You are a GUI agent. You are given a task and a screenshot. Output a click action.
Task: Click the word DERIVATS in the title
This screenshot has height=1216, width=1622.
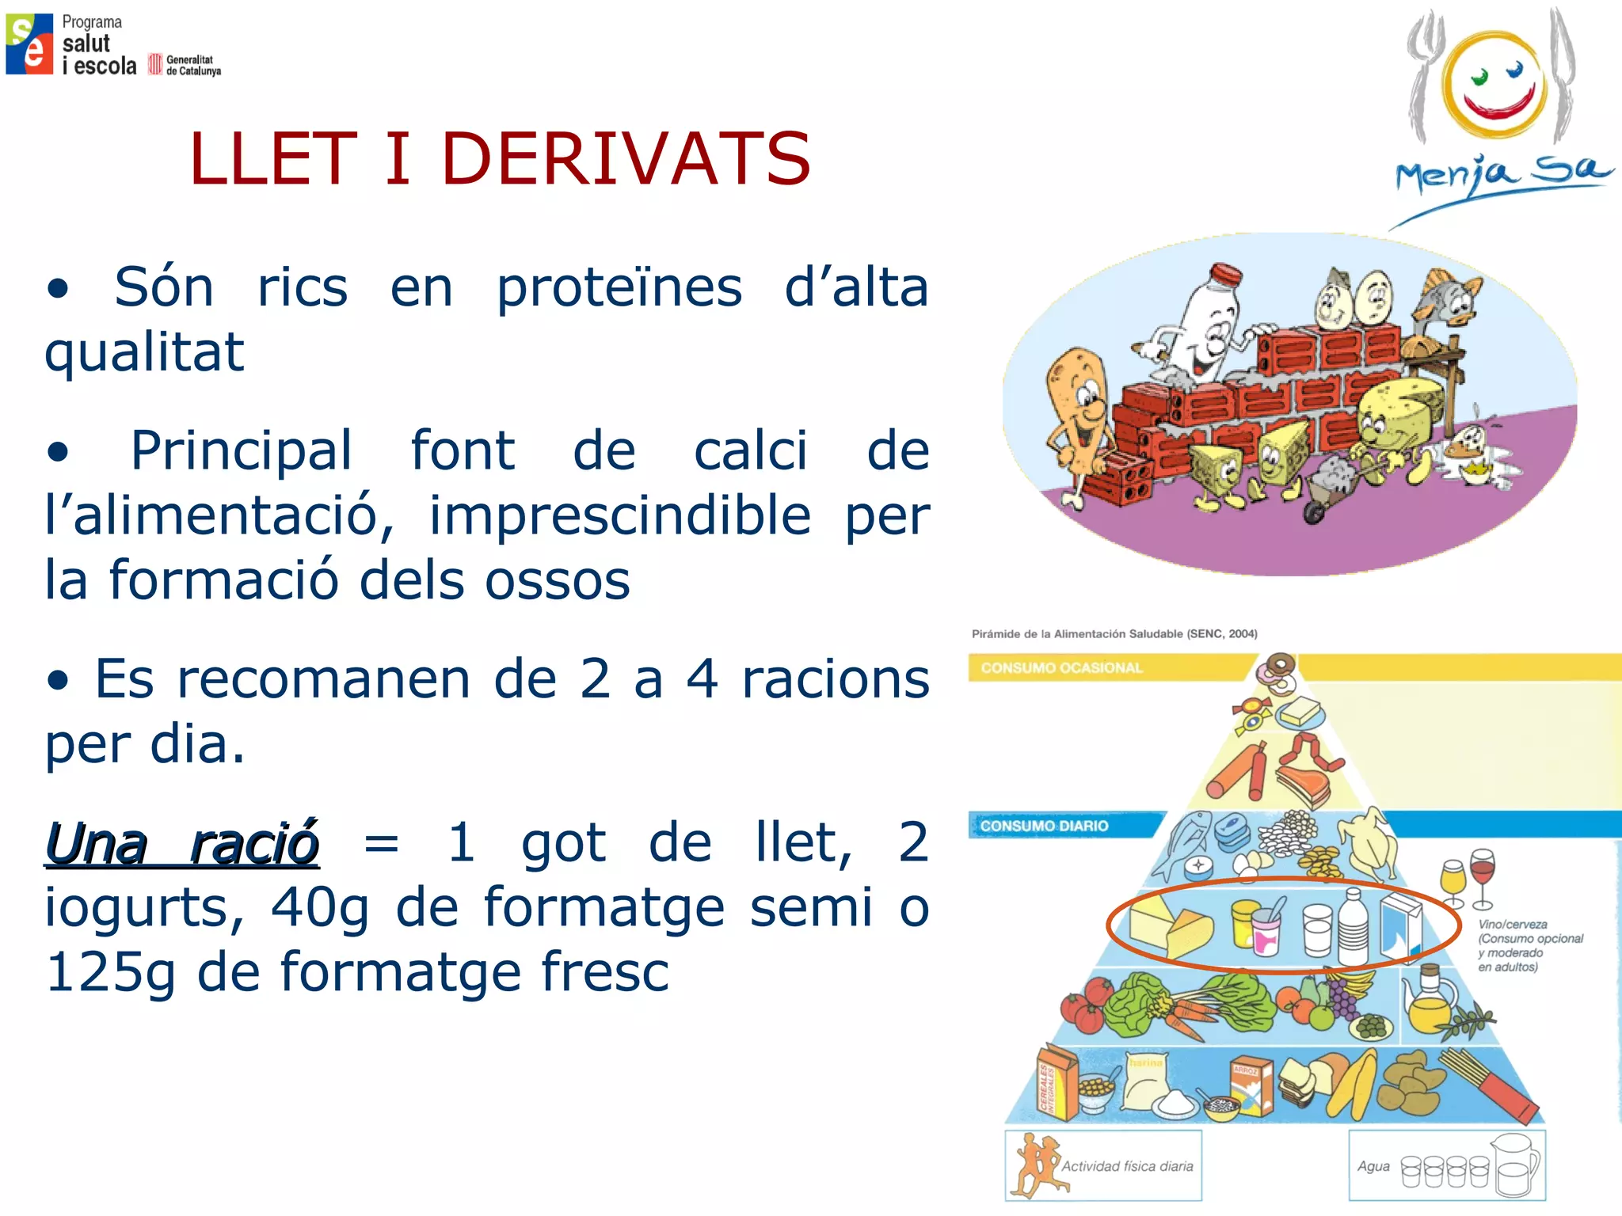coord(626,160)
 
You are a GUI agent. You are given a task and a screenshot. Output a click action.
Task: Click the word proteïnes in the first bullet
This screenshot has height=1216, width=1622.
coord(619,288)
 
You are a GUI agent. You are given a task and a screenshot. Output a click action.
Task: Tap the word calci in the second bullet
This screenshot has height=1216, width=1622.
coord(751,451)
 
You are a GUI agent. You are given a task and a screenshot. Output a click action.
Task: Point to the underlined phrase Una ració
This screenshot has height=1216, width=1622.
coord(182,844)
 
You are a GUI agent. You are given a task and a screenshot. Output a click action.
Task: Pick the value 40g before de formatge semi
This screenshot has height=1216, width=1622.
coord(320,907)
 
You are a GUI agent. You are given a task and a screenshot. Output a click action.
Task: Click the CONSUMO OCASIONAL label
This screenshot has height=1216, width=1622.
coord(1061,668)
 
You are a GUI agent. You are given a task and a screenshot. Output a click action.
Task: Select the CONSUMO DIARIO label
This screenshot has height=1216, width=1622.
coord(1044,826)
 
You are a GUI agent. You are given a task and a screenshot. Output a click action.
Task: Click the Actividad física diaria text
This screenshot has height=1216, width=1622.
coord(1127,1166)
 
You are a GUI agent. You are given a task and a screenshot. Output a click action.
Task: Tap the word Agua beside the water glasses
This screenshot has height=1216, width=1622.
coord(1373,1166)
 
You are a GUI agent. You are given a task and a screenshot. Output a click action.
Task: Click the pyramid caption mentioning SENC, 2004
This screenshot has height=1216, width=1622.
coord(1114,633)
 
